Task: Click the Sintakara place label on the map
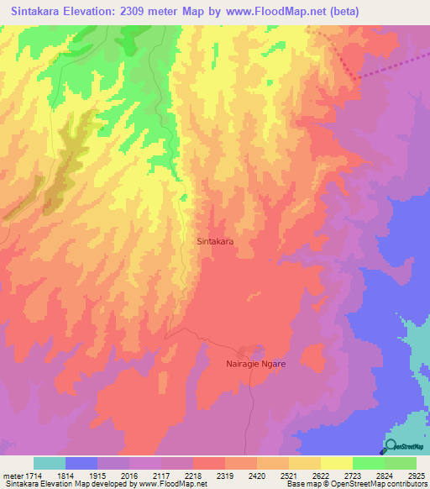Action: click(214, 240)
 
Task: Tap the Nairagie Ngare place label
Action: click(256, 364)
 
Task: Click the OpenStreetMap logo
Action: click(406, 447)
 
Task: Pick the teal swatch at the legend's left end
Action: click(50, 463)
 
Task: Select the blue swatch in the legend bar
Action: click(81, 463)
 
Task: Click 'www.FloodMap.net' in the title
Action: click(289, 12)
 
